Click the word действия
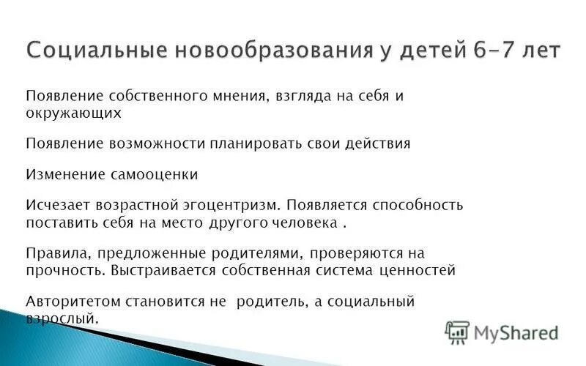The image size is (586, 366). point(372,143)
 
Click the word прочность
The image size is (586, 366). point(66,270)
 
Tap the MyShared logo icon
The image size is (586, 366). point(457,332)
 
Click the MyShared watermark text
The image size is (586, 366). point(516,333)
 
